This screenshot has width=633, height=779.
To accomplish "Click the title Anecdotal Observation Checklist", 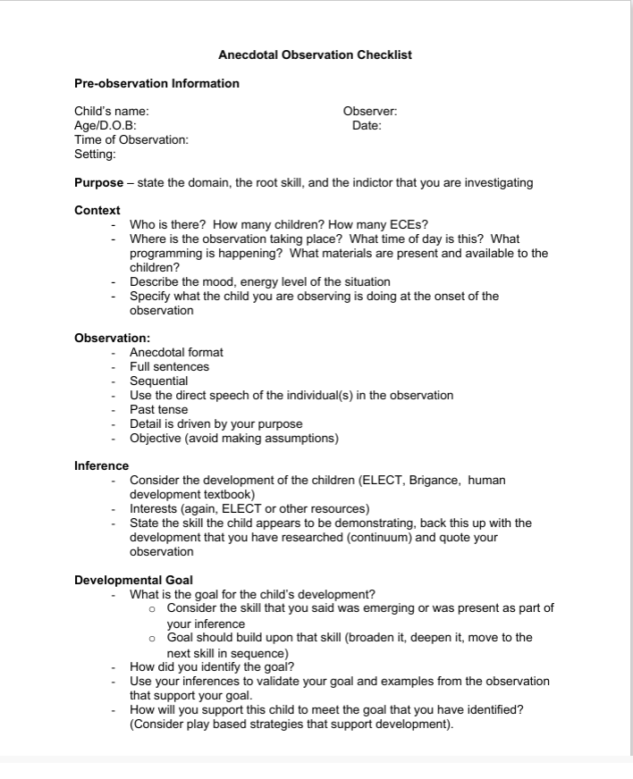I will [315, 55].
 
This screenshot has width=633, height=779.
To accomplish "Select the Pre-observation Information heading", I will [156, 84].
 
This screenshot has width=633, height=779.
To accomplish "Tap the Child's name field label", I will [111, 112].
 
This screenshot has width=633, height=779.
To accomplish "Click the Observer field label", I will [370, 112].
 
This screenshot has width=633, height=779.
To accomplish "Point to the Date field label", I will [367, 126].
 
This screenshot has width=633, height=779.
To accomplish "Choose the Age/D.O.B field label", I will [105, 126].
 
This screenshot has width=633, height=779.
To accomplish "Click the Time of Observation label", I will [131, 140].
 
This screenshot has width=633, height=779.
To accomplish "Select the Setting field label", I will [95, 155].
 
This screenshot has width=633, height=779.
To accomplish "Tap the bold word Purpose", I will [98, 183].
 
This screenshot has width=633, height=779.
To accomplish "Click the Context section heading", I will [97, 211].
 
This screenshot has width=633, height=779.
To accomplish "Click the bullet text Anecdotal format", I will [176, 353].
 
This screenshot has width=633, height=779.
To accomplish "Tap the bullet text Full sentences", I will [169, 367].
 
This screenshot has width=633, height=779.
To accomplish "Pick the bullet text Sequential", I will [158, 381].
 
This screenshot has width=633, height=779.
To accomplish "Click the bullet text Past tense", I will [158, 410].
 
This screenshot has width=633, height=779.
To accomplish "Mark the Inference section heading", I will [101, 466].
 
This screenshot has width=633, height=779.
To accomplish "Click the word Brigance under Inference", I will [434, 481].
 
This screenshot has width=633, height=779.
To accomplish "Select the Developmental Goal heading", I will [133, 581].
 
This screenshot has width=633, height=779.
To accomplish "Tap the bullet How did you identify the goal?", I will [212, 666].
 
